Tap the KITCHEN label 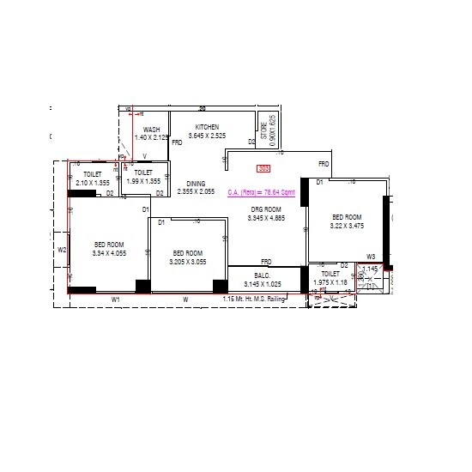click(x=207, y=127)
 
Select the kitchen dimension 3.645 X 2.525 click(x=207, y=136)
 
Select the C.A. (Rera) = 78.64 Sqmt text click(x=261, y=193)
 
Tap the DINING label click(x=196, y=183)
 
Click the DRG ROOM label click(x=265, y=209)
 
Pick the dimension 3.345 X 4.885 click(x=265, y=218)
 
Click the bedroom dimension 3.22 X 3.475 click(x=347, y=226)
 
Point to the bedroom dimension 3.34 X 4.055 click(x=109, y=253)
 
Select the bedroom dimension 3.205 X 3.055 click(x=188, y=261)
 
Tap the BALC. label click(x=262, y=275)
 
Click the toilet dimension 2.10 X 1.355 click(x=93, y=182)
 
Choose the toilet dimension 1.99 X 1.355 click(x=143, y=181)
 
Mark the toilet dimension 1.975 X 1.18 click(x=330, y=282)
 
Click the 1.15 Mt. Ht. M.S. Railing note click(x=253, y=299)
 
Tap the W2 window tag click(x=62, y=250)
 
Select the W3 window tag click(x=371, y=257)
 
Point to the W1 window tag click(x=116, y=299)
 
